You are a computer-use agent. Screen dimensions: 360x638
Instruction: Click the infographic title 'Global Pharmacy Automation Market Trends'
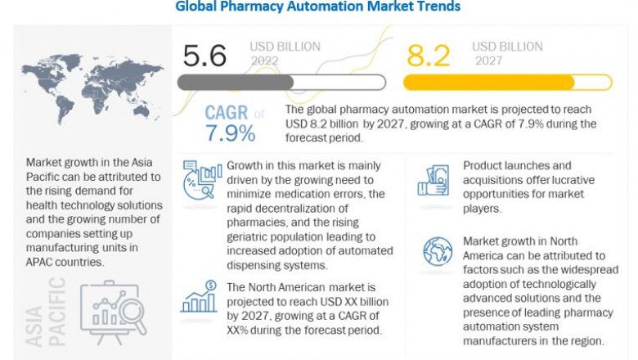pyautogui.click(x=317, y=7)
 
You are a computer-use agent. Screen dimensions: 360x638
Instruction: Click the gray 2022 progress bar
pyautogui.click(x=281, y=82)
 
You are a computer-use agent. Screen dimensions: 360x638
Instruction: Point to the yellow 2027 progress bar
pyautogui.click(x=507, y=82)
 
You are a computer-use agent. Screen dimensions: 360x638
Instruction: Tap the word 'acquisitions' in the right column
pyautogui.click(x=498, y=179)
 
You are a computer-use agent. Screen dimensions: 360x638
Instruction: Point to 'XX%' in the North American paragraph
pyautogui.click(x=242, y=330)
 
